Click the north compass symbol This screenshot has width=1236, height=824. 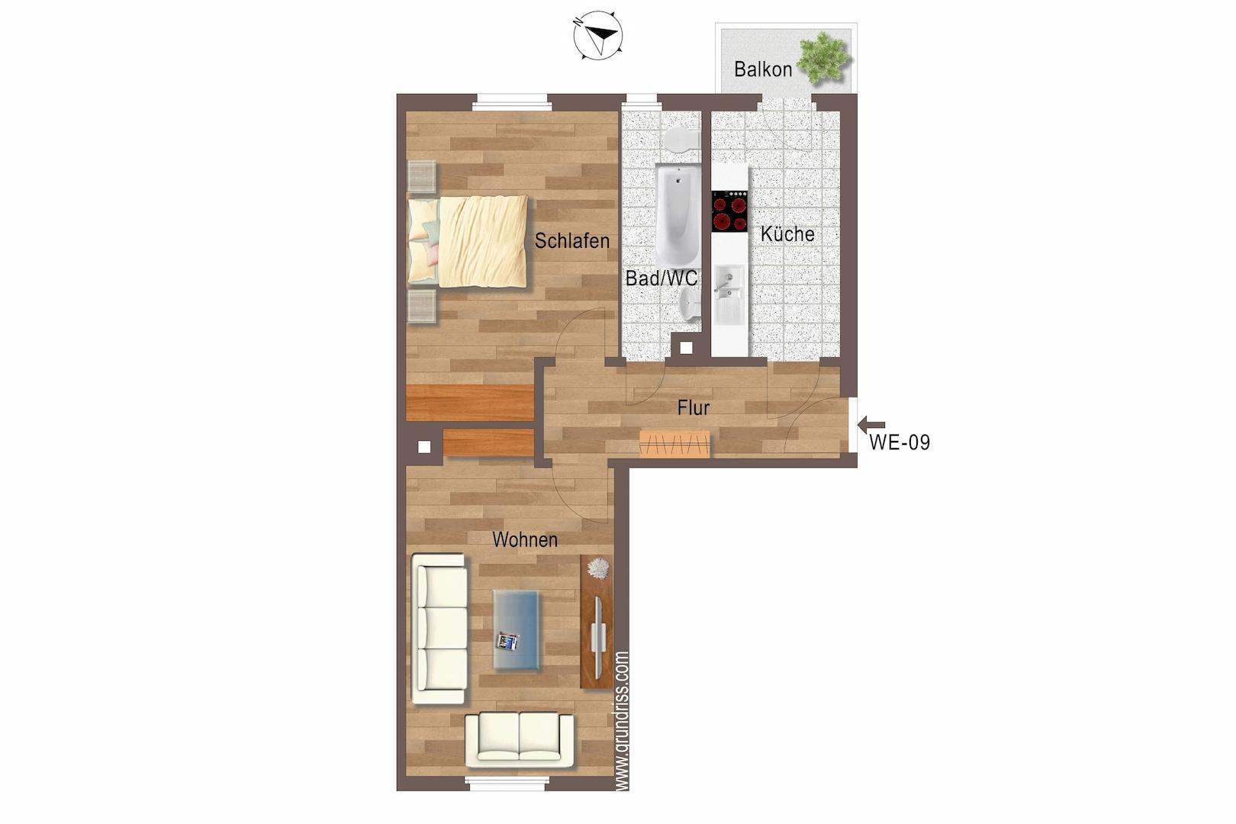(598, 35)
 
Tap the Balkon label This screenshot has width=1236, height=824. (762, 69)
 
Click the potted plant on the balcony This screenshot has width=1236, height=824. (822, 58)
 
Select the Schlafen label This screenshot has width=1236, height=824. (571, 240)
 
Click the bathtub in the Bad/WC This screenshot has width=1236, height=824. (678, 214)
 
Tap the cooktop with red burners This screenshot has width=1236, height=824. (729, 211)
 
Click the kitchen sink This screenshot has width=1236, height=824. (729, 295)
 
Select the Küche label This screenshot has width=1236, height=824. (787, 234)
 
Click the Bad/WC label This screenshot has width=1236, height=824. (661, 278)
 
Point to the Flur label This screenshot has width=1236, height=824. (693, 408)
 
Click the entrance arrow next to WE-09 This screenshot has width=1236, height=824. (871, 424)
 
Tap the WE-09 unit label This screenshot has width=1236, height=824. (900, 442)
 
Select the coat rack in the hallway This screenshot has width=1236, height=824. (674, 444)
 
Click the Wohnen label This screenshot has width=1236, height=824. (525, 539)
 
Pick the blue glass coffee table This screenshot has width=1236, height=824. (517, 630)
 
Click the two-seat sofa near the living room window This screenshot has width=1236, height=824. (519, 739)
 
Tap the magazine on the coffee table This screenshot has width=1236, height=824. (507, 642)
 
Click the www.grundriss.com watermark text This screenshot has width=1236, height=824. (622, 721)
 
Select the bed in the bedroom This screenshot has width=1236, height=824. (468, 241)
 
